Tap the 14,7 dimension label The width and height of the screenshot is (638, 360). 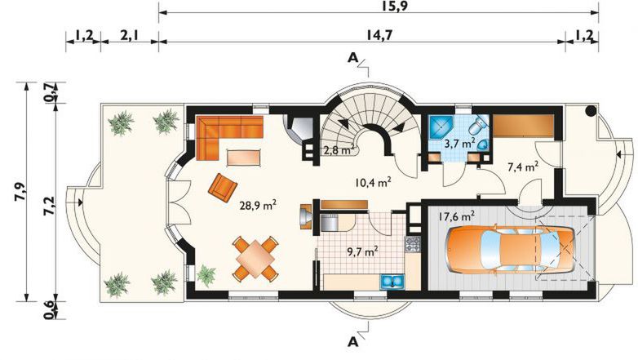(379, 35)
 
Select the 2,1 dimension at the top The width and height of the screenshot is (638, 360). (130, 35)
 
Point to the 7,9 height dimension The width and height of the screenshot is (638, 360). (20, 191)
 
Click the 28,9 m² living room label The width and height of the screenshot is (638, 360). (258, 205)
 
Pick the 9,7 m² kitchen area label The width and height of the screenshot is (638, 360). (363, 252)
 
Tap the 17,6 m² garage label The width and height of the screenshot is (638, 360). (456, 216)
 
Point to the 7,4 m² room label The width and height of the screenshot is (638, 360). (523, 167)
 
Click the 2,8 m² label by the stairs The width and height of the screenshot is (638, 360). (339, 150)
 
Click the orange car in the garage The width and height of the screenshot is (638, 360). (511, 249)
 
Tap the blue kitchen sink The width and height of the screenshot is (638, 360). (392, 282)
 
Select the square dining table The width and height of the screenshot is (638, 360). (255, 259)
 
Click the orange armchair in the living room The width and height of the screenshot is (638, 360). (222, 187)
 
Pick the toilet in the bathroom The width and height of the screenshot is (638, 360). (478, 124)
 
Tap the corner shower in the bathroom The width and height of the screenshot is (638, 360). (440, 127)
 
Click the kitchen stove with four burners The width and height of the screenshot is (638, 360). (412, 243)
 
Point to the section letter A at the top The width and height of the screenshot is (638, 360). (352, 59)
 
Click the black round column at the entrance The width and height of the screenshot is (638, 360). (591, 110)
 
